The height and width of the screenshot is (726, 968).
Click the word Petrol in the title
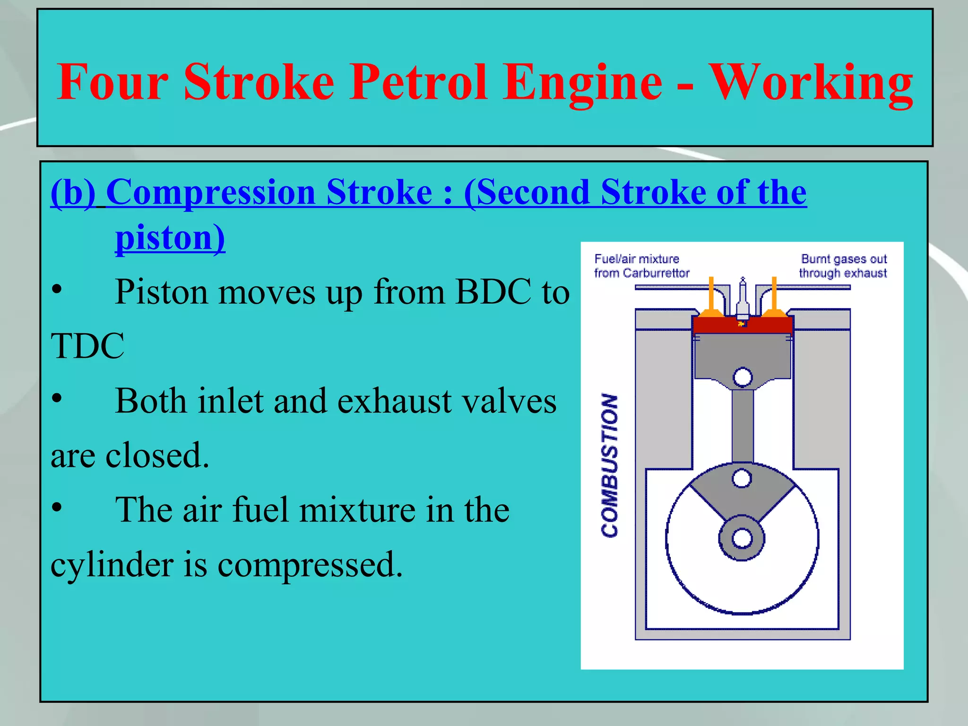coord(419,83)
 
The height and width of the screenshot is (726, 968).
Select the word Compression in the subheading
coord(211,192)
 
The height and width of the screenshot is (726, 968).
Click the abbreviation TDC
coord(87,346)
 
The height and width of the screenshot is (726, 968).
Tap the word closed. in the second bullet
coord(157,456)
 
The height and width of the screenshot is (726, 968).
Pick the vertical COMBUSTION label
coord(609,465)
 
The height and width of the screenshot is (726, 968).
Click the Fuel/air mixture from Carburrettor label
coord(641,266)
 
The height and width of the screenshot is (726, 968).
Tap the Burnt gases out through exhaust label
coord(843,266)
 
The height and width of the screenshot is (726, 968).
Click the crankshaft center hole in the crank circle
coord(742,538)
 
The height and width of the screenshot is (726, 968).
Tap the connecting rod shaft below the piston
coord(743,425)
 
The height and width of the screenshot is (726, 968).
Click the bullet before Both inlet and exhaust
coord(57,398)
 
